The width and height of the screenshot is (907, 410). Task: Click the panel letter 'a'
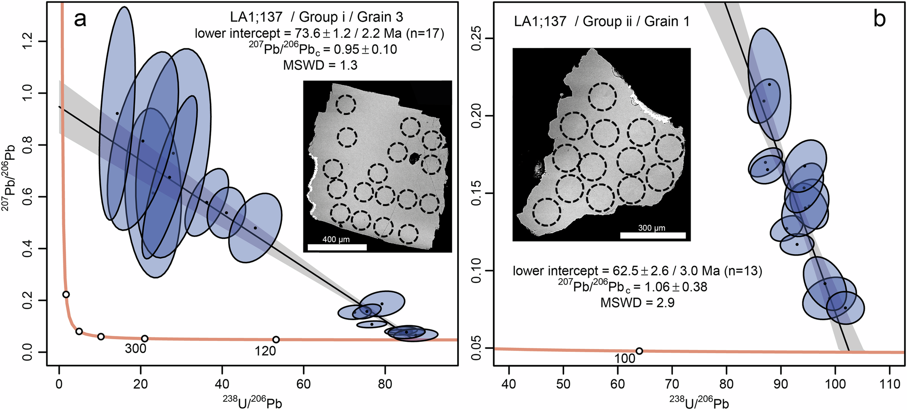(80, 20)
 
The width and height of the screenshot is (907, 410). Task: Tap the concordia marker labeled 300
(145, 338)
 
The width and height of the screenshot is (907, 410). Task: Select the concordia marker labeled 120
(276, 340)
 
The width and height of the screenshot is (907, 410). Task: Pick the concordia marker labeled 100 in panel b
(639, 351)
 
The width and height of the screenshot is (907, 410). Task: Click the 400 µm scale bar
(336, 247)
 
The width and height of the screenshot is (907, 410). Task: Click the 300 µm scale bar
(652, 235)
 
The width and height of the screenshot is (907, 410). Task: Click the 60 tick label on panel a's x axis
(303, 384)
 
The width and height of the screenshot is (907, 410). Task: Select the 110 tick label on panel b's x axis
(889, 384)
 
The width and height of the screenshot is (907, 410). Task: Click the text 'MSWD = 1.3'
(320, 65)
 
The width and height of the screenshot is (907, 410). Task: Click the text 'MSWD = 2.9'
(637, 303)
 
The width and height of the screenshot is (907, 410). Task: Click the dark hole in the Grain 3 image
(414, 158)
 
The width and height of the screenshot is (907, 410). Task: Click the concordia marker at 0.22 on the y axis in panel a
(66, 294)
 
